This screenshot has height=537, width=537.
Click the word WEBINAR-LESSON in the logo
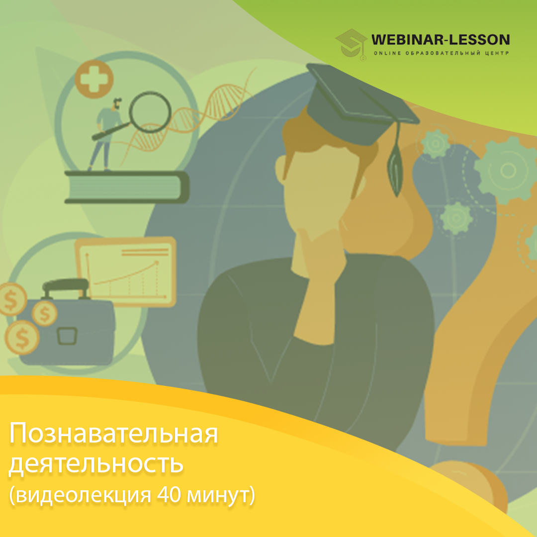coord(441,40)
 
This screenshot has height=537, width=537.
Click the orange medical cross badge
coord(94,79)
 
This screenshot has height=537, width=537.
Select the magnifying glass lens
coord(150,112)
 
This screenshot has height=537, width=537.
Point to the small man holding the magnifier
coord(107,134)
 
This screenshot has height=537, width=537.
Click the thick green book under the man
coord(127,187)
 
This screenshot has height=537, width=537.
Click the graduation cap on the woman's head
coord(359,103)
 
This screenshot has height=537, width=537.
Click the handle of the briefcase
coord(65,287)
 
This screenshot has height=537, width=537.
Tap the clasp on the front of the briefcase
coord(67,336)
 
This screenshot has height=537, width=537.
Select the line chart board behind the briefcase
coord(126,271)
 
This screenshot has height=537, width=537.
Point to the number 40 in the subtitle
coord(169,495)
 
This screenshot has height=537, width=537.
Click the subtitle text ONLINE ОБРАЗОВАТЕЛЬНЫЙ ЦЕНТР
coord(441,53)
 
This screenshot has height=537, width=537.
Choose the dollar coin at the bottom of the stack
coord(22,337)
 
